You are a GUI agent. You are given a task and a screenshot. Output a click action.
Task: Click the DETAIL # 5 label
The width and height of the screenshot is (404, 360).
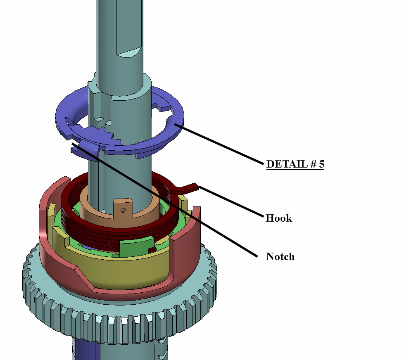point(295,164)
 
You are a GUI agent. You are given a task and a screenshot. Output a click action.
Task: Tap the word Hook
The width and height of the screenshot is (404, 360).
point(278,218)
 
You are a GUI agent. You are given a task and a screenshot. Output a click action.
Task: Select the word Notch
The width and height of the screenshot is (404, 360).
point(280,256)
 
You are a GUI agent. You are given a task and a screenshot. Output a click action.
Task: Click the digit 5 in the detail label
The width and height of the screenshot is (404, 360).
point(321,164)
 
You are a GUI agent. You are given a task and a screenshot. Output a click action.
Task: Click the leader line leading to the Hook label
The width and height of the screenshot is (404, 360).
point(231,202)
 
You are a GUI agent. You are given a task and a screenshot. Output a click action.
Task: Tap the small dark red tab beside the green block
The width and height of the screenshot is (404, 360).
point(152,249)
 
